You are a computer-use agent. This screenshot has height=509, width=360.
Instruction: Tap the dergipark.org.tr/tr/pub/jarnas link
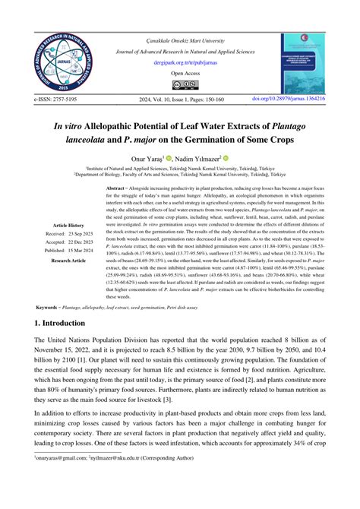pos(179,65)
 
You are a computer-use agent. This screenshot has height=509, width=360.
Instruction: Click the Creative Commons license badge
pos(180,85)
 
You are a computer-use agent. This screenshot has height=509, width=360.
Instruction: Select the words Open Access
pos(179,75)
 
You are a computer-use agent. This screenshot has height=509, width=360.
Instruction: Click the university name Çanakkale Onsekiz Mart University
pos(179,39)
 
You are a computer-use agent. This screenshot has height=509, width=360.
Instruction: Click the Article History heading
pos(68,226)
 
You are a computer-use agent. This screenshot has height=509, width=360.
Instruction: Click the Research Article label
pos(68,261)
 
